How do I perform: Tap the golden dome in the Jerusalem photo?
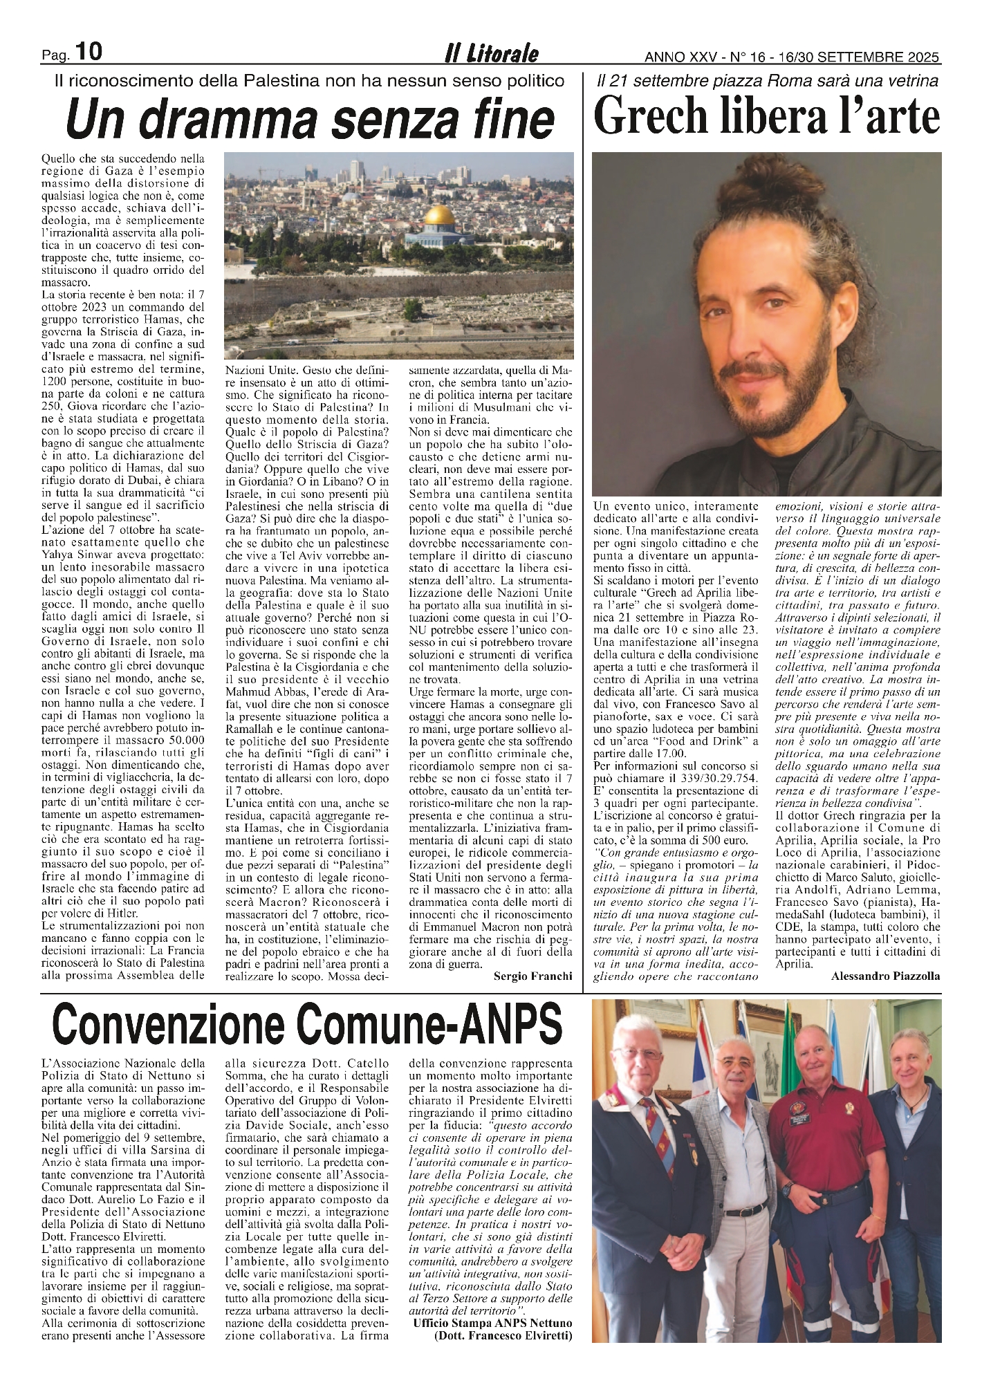coord(438,216)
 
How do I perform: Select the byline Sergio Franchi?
coord(533,976)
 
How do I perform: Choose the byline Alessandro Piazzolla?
coord(883,975)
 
